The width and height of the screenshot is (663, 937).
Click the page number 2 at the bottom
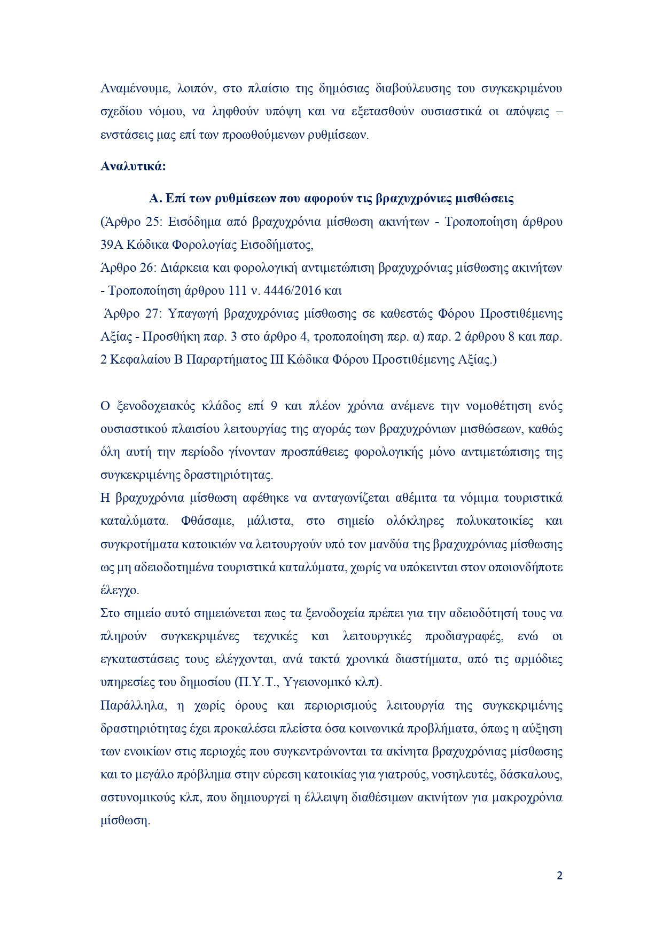559,876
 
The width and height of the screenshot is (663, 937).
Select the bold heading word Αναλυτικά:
133,167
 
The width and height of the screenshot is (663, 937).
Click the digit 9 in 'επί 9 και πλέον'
274,406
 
